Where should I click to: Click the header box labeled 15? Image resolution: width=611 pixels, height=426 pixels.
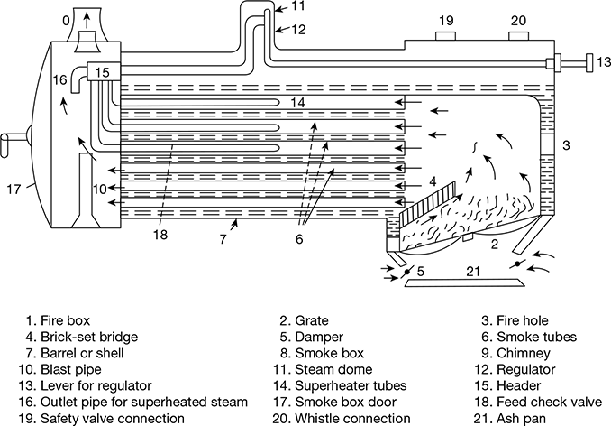pos(103,72)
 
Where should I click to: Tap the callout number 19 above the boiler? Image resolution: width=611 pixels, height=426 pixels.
pos(446,20)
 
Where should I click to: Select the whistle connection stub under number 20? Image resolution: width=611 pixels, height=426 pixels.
pos(519,36)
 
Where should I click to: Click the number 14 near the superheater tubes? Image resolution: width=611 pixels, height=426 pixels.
pos(297,103)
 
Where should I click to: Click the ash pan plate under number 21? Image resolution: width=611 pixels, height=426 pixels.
pos(462,282)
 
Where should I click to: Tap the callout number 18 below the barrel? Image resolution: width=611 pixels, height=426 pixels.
pos(160,234)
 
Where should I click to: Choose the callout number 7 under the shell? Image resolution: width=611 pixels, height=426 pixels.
pos(223,239)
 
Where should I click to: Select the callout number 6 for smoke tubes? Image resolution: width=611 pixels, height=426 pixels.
pos(299,239)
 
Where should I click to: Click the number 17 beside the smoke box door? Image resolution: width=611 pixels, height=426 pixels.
pos(14,190)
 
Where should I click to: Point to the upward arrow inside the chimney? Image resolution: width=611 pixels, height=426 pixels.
pos(87,20)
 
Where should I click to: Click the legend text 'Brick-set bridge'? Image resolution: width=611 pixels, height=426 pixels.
pos(89,337)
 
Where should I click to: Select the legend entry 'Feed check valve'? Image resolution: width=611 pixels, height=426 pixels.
pos(550,402)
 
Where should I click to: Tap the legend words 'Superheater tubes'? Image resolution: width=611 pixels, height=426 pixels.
pos(351,385)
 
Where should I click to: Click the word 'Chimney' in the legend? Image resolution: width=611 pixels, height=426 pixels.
pos(524,354)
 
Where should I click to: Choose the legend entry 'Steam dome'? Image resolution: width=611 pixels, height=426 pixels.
pos(333,369)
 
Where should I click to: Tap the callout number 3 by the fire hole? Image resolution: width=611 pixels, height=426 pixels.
pos(566,145)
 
